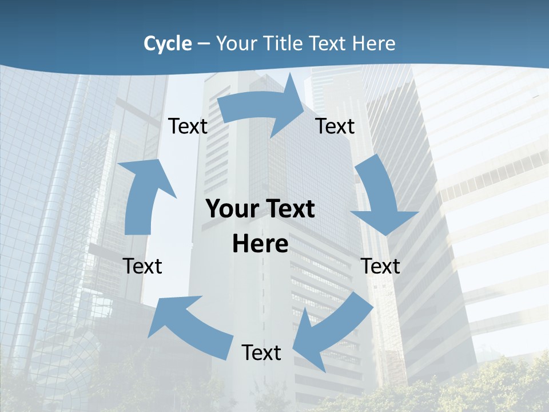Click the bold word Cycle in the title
click(x=168, y=43)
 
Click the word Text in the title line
click(x=330, y=43)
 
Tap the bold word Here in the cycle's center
click(x=260, y=244)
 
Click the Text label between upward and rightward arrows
click(x=188, y=126)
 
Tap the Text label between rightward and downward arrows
click(x=335, y=126)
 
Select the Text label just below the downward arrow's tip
click(x=380, y=266)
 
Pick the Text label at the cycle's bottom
click(x=261, y=352)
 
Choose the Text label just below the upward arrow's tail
click(x=142, y=266)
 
